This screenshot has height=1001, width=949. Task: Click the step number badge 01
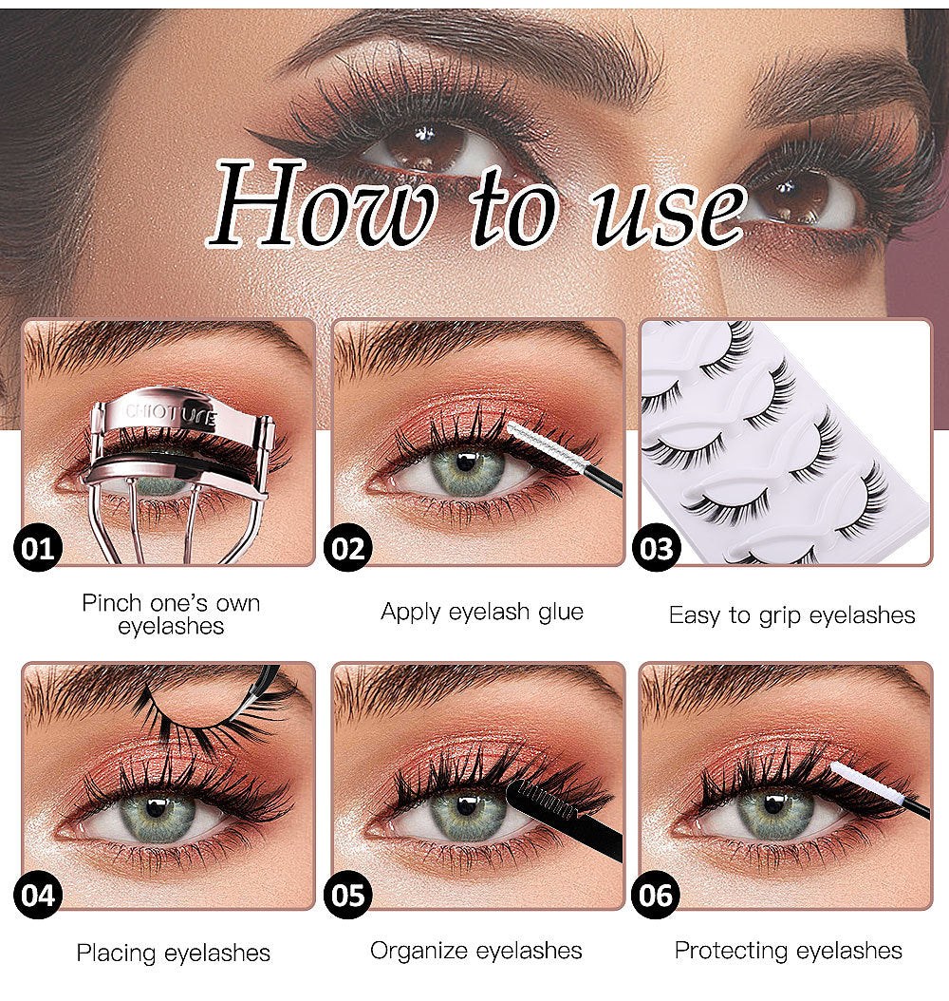tap(38, 549)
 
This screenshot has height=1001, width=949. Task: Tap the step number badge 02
tap(347, 550)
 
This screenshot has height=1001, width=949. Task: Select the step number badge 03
tap(657, 550)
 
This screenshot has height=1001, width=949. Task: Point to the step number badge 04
tap(38, 895)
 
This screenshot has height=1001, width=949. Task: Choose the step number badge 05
tap(347, 895)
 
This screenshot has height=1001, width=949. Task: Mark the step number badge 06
tap(657, 895)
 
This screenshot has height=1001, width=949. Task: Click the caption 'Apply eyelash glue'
tap(481, 612)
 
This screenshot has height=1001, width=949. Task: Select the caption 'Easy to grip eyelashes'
tap(791, 615)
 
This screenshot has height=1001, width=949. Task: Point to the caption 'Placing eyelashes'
tap(173, 953)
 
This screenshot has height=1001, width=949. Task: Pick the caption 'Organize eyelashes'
tap(476, 950)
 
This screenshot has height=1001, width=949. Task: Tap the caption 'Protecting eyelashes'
tap(788, 950)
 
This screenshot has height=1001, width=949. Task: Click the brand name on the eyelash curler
tap(172, 415)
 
